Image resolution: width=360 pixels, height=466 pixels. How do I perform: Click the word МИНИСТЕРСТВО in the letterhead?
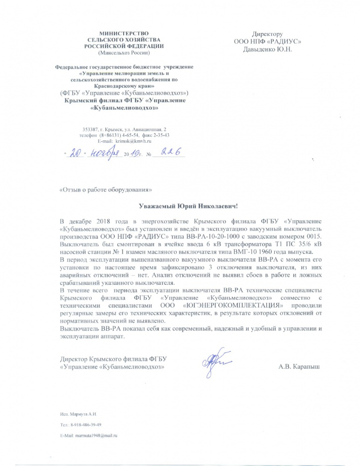pyautogui.click(x=124, y=33)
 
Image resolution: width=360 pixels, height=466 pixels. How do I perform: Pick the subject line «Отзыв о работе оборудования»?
pyautogui.click(x=106, y=190)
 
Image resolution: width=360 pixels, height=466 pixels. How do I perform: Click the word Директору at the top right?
pyautogui.click(x=267, y=34)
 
